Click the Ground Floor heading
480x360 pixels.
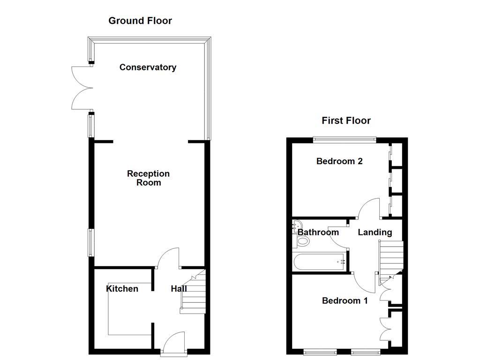point(140,21)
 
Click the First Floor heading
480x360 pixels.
point(346,120)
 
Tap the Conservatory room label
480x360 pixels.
point(148,67)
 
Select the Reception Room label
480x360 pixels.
point(148,178)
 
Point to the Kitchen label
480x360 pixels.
point(122,288)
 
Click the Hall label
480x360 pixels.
point(179,289)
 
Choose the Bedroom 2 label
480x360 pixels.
point(339,161)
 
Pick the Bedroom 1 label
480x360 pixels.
point(345,300)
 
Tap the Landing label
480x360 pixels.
point(375,232)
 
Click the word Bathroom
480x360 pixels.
point(318,232)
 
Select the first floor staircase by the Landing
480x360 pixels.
point(391,258)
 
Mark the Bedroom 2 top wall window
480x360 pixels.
point(345,139)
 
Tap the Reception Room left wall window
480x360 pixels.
point(91,243)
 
